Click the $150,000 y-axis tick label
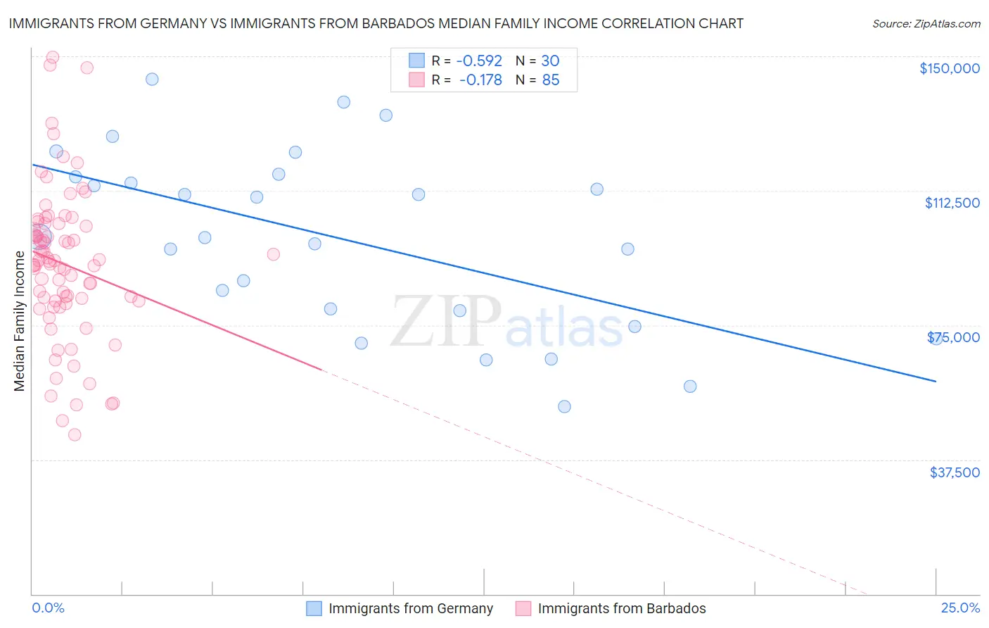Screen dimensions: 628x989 click(x=949, y=68)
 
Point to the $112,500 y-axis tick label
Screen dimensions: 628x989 click(x=952, y=203)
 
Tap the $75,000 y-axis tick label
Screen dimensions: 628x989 click(x=953, y=337)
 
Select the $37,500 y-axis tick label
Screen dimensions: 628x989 click(x=954, y=472)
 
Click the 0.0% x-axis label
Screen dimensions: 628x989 click(x=48, y=608)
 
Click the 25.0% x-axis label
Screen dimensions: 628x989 click(x=960, y=608)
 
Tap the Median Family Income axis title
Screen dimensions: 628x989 click(x=20, y=321)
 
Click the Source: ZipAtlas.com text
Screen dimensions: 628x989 click(x=926, y=24)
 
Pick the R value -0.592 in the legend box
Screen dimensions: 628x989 click(x=479, y=61)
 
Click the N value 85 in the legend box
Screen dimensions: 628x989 click(x=551, y=80)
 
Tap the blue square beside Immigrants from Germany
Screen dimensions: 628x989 click(x=314, y=608)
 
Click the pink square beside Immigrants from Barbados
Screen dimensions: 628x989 click(x=523, y=608)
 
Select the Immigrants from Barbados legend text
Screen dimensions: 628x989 click(x=622, y=608)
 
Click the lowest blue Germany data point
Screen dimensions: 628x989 click(x=564, y=406)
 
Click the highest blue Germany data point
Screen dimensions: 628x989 click(x=152, y=79)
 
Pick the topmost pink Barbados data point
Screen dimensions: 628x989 click(x=53, y=57)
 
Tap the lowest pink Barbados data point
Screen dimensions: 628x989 click(x=75, y=434)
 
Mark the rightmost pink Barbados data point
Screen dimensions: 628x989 click(x=274, y=254)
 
